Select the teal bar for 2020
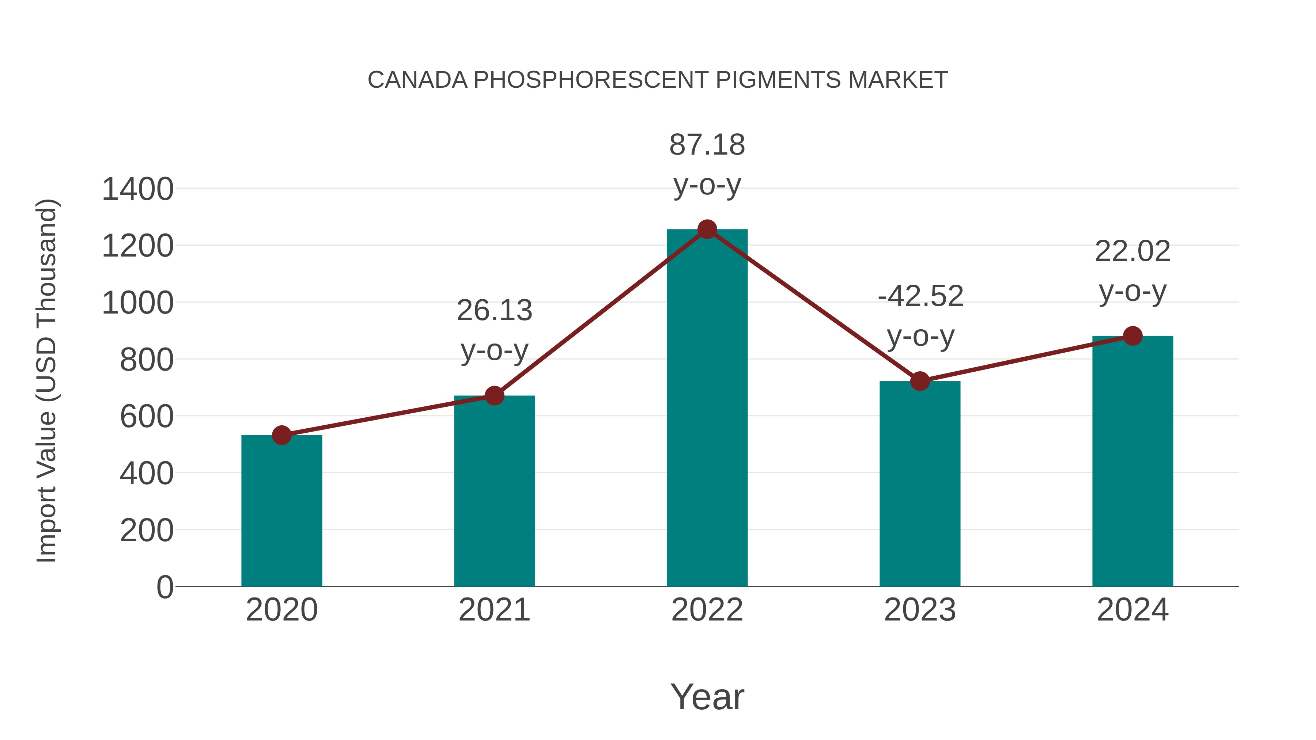(281, 511)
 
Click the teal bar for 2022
(707, 409)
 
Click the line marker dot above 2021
(494, 395)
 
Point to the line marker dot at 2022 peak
(707, 229)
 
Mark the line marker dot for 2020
(281, 435)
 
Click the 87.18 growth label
(707, 145)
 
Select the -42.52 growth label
(920, 296)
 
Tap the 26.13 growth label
(494, 311)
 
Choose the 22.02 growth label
(1132, 251)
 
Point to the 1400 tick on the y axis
(138, 189)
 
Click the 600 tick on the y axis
(147, 417)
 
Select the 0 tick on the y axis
(164, 587)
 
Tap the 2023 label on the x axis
(920, 610)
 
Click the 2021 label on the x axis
(494, 610)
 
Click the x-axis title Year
(707, 697)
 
